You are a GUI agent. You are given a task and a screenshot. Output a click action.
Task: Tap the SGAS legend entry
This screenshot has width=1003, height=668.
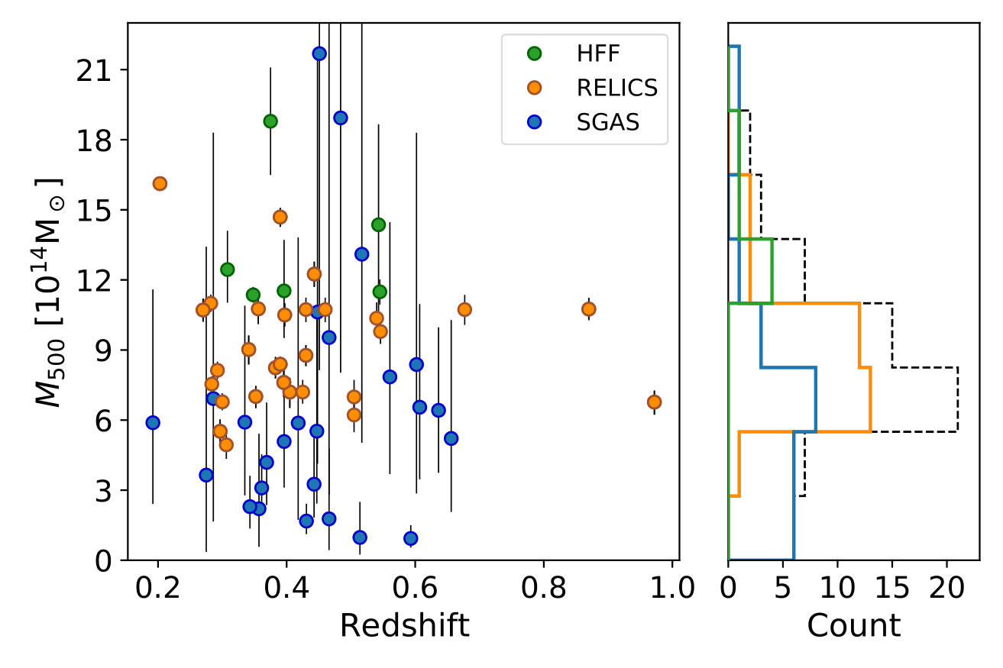click(608, 121)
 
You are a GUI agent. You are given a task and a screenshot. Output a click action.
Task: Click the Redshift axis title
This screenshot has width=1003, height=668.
click(404, 625)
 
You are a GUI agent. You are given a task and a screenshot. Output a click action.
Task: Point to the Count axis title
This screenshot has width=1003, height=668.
click(853, 625)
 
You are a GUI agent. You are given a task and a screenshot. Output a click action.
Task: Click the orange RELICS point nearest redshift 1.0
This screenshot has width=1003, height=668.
click(654, 402)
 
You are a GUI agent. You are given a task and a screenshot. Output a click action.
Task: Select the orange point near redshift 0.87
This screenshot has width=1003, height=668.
click(588, 309)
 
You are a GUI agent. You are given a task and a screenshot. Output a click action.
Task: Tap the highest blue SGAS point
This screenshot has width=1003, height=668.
click(319, 53)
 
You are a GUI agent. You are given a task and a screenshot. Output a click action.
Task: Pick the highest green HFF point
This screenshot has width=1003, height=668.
click(270, 121)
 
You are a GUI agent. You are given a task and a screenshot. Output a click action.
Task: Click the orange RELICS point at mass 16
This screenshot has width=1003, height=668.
click(160, 183)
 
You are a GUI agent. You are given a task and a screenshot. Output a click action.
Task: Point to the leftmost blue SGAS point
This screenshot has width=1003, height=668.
click(153, 423)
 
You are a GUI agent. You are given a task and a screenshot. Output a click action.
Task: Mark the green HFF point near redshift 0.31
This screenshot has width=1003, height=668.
click(227, 269)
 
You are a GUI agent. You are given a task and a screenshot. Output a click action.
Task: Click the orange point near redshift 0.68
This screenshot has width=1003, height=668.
click(464, 309)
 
